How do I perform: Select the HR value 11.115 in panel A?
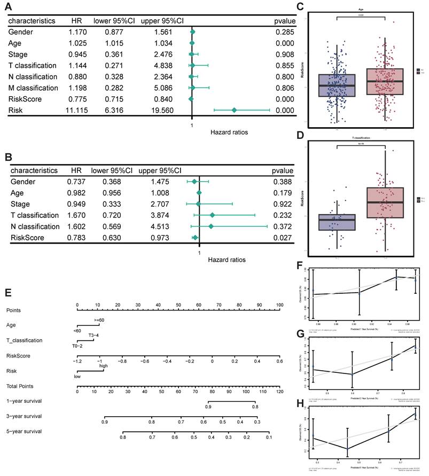coord(78,110)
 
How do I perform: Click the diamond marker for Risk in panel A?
coord(234,110)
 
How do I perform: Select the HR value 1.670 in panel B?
coord(78,215)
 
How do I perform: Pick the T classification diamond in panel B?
coord(212,215)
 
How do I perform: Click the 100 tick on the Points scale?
coord(279,305)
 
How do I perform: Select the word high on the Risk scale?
coord(103,366)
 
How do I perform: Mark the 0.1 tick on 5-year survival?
coord(269,437)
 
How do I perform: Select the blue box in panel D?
coord(337,222)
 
